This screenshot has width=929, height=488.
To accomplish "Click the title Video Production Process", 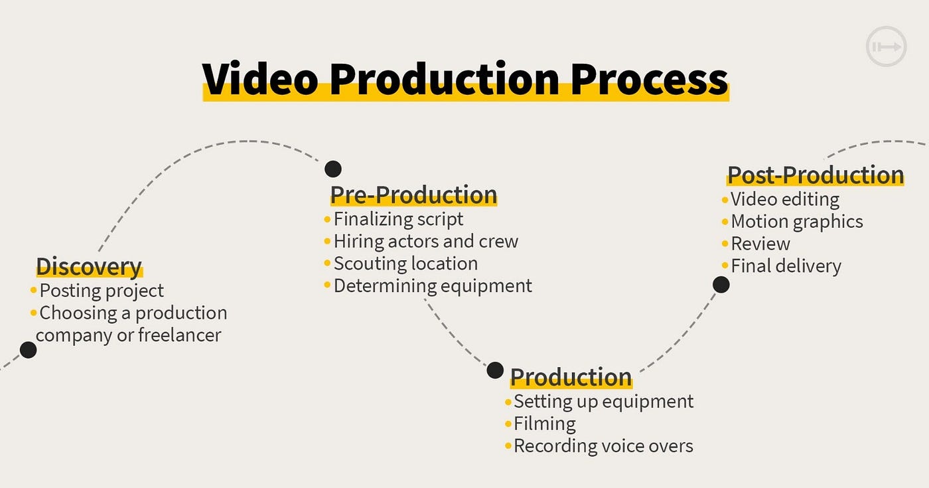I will [464, 80].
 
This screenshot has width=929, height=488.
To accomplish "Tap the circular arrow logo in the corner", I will [886, 47].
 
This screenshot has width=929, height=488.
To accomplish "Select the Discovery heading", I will [89, 266].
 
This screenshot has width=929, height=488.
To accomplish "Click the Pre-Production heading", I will [413, 195].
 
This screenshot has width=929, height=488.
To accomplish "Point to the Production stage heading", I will [571, 377].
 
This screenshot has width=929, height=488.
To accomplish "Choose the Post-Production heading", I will [816, 175].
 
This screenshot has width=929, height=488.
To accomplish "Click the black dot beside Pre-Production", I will [333, 169].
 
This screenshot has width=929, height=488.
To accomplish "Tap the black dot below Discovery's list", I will [28, 350].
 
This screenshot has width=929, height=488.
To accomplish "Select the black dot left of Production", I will [495, 370].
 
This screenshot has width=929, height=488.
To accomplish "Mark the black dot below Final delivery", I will [721, 285].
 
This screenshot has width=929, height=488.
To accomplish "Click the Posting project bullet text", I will [102, 291].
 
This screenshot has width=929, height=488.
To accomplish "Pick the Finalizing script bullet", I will [398, 219].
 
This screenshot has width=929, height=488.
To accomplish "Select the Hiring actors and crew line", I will [425, 242].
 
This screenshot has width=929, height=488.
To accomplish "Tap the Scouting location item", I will [405, 264].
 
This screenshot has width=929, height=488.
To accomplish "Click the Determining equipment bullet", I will [433, 285].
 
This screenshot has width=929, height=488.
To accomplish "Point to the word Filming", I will [545, 424].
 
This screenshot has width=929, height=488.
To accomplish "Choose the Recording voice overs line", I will [603, 446].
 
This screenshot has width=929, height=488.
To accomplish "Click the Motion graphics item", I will [797, 222].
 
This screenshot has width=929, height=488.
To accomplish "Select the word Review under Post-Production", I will [760, 244].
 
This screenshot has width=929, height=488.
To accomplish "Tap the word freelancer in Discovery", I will [179, 335].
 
